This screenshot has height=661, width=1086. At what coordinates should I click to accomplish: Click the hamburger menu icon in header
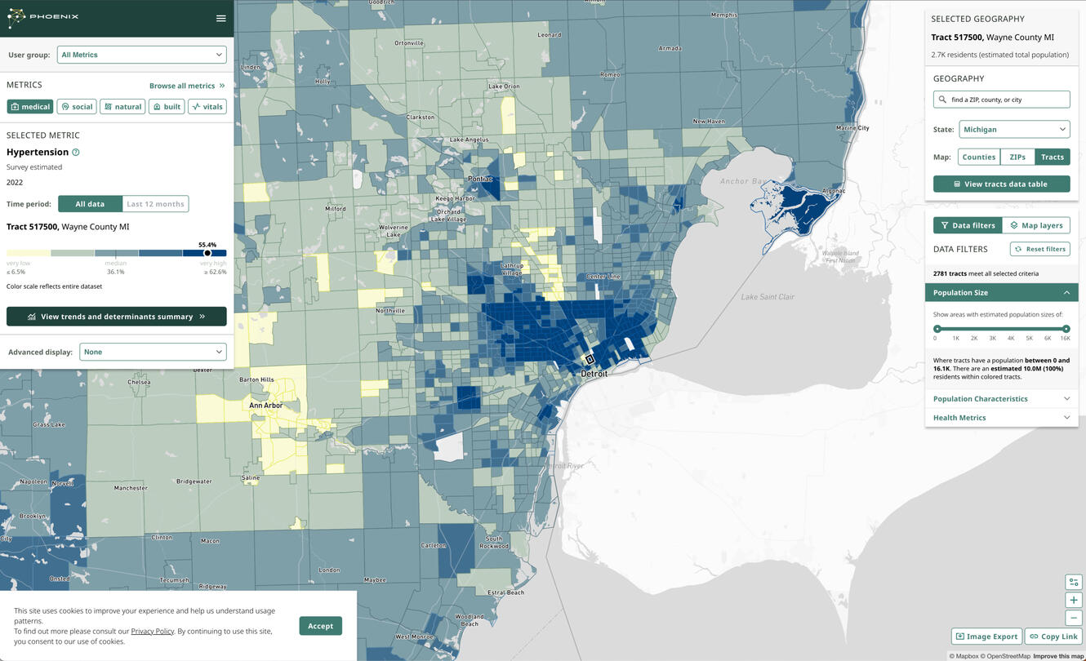pyautogui.click(x=220, y=18)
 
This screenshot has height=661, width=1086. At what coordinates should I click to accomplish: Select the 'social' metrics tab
pyautogui.click(x=77, y=107)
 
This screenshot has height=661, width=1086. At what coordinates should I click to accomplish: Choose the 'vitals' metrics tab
pyautogui.click(x=207, y=107)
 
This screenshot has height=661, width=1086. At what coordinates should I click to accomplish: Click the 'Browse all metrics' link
pyautogui.click(x=187, y=86)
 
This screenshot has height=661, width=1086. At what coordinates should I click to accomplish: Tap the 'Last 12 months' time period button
pyautogui.click(x=155, y=204)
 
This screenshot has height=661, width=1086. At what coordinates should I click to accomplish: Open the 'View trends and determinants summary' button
pyautogui.click(x=117, y=317)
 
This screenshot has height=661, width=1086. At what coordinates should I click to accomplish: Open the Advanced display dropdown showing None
pyautogui.click(x=153, y=352)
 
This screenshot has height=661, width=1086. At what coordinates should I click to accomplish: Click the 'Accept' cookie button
pyautogui.click(x=320, y=626)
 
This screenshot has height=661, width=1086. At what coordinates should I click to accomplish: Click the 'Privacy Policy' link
pyautogui.click(x=152, y=631)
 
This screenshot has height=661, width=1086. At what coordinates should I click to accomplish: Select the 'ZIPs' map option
pyautogui.click(x=1017, y=157)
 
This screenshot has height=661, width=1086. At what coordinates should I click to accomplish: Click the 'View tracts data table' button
pyautogui.click(x=1001, y=184)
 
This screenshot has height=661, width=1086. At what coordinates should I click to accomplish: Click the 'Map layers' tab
pyautogui.click(x=1035, y=225)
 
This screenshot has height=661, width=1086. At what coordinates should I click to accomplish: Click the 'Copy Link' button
pyautogui.click(x=1053, y=637)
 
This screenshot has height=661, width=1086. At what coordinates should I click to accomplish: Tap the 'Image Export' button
pyautogui.click(x=986, y=637)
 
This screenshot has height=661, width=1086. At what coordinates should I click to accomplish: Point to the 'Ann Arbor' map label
pyautogui.click(x=266, y=406)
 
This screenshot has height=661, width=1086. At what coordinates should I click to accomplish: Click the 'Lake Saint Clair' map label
pyautogui.click(x=767, y=297)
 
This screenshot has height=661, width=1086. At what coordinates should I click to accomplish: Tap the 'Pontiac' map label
pyautogui.click(x=480, y=179)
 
